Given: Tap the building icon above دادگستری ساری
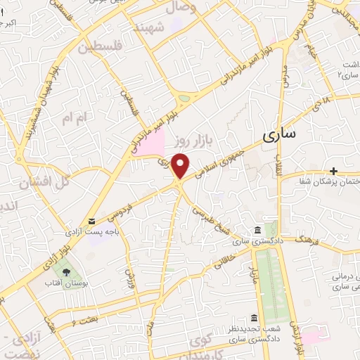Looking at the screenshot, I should pos(257,231).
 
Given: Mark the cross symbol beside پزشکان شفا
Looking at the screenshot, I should pos(333,171).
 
